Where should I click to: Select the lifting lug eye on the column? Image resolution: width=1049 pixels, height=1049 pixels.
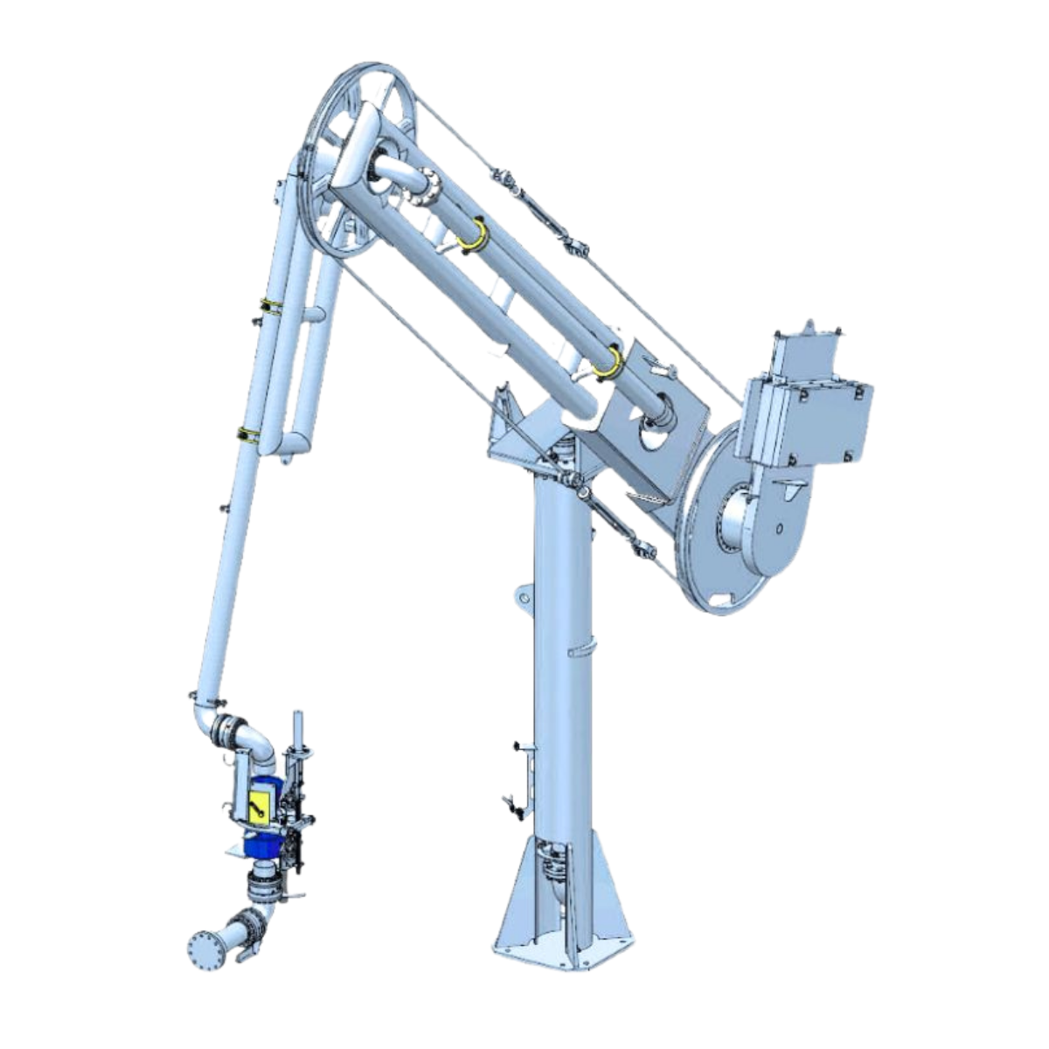tap(523, 597)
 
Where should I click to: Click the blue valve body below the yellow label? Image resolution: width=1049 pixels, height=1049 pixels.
tap(262, 844)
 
